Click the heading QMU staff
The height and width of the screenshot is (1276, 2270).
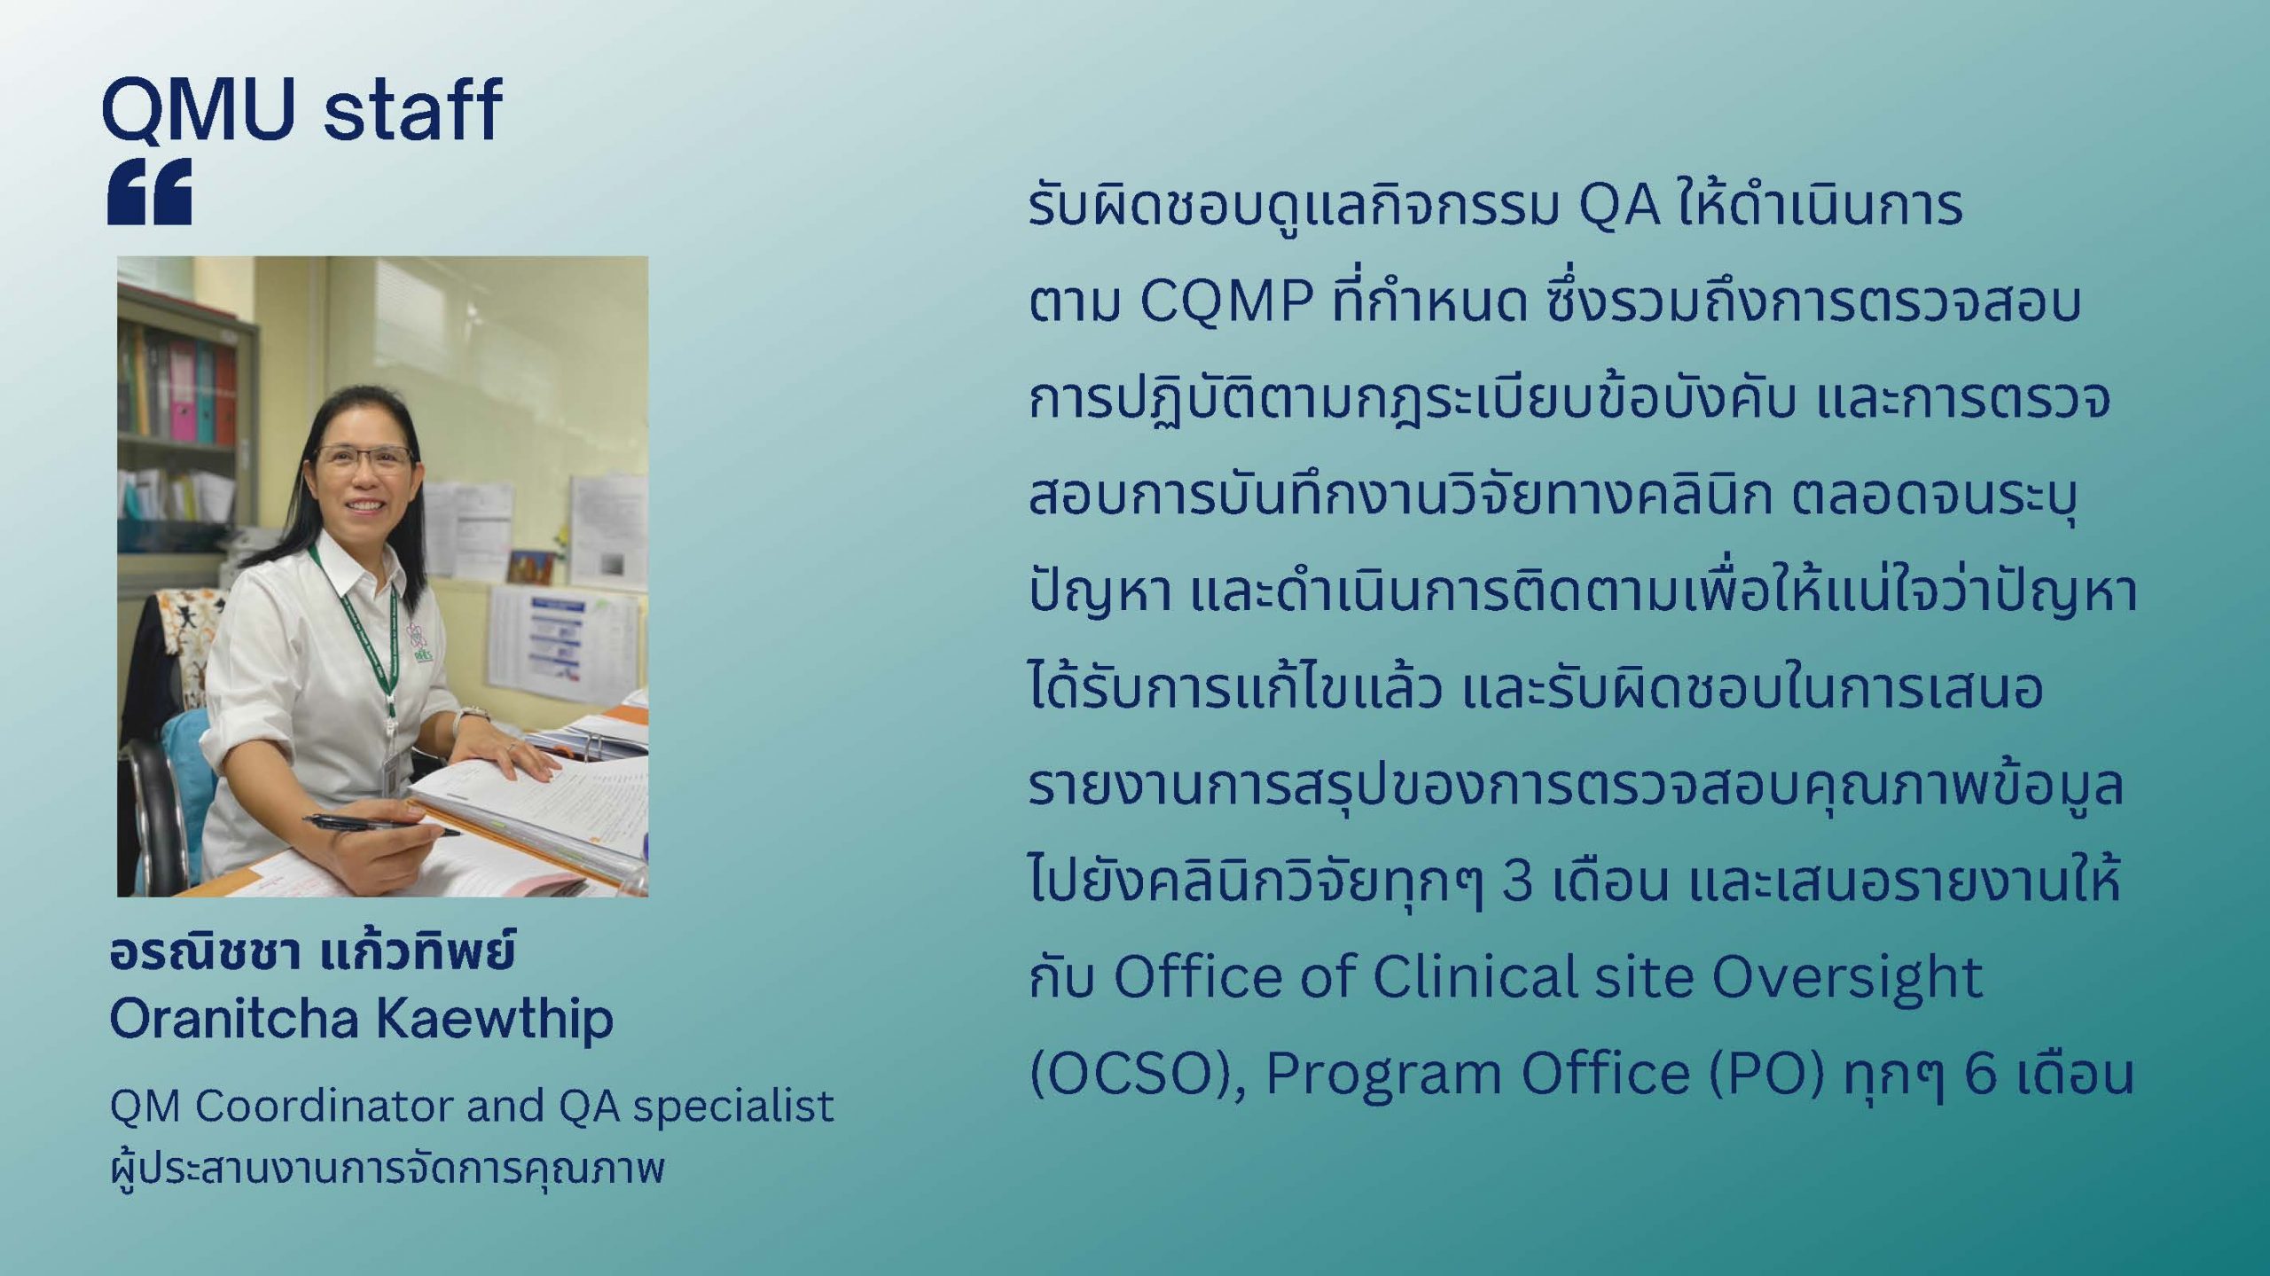click(302, 109)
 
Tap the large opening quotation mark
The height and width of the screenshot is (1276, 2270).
click(150, 192)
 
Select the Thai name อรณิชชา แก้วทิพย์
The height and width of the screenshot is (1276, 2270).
click(312, 951)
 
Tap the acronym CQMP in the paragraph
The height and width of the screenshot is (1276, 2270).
click(1226, 301)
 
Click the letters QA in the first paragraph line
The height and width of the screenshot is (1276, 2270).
click(1620, 207)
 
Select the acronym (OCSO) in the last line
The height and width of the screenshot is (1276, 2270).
click(1139, 1074)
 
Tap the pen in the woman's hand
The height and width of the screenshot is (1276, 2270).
click(381, 826)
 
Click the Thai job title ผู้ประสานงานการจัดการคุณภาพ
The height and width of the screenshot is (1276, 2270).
click(387, 1169)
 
